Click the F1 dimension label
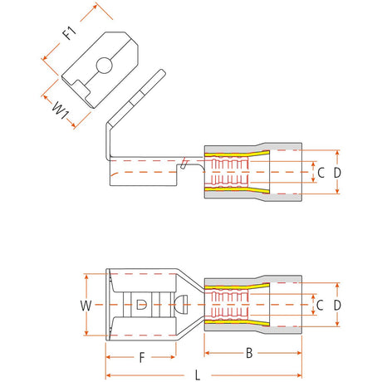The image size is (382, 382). pyautogui.click(x=69, y=33)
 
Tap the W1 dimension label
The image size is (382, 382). pyautogui.click(x=61, y=110)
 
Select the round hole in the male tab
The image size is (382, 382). pyautogui.click(x=104, y=66)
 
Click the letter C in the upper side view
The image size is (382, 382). pyautogui.click(x=321, y=173)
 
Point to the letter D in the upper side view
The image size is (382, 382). pyautogui.click(x=337, y=173)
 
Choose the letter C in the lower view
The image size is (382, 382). pyautogui.click(x=320, y=306)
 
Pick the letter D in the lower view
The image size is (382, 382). pyautogui.click(x=337, y=306)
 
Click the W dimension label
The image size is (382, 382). pyautogui.click(x=86, y=306)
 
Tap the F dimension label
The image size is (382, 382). pyautogui.click(x=142, y=358)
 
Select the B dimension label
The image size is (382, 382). pyautogui.click(x=249, y=353)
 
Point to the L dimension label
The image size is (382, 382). pyautogui.click(x=198, y=375)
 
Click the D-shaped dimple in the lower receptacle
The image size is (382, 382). pyautogui.click(x=141, y=305)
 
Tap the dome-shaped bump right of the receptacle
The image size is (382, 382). pyautogui.click(x=181, y=304)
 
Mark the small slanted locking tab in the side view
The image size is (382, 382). pyautogui.click(x=184, y=164)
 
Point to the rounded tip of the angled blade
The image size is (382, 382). pyautogui.click(x=163, y=72)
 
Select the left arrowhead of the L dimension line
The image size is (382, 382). pyautogui.click(x=108, y=375)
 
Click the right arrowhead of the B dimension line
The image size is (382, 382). pyautogui.click(x=299, y=353)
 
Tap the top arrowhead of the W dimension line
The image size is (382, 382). pyautogui.click(x=86, y=277)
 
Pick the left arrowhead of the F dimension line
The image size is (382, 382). pyautogui.click(x=108, y=357)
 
